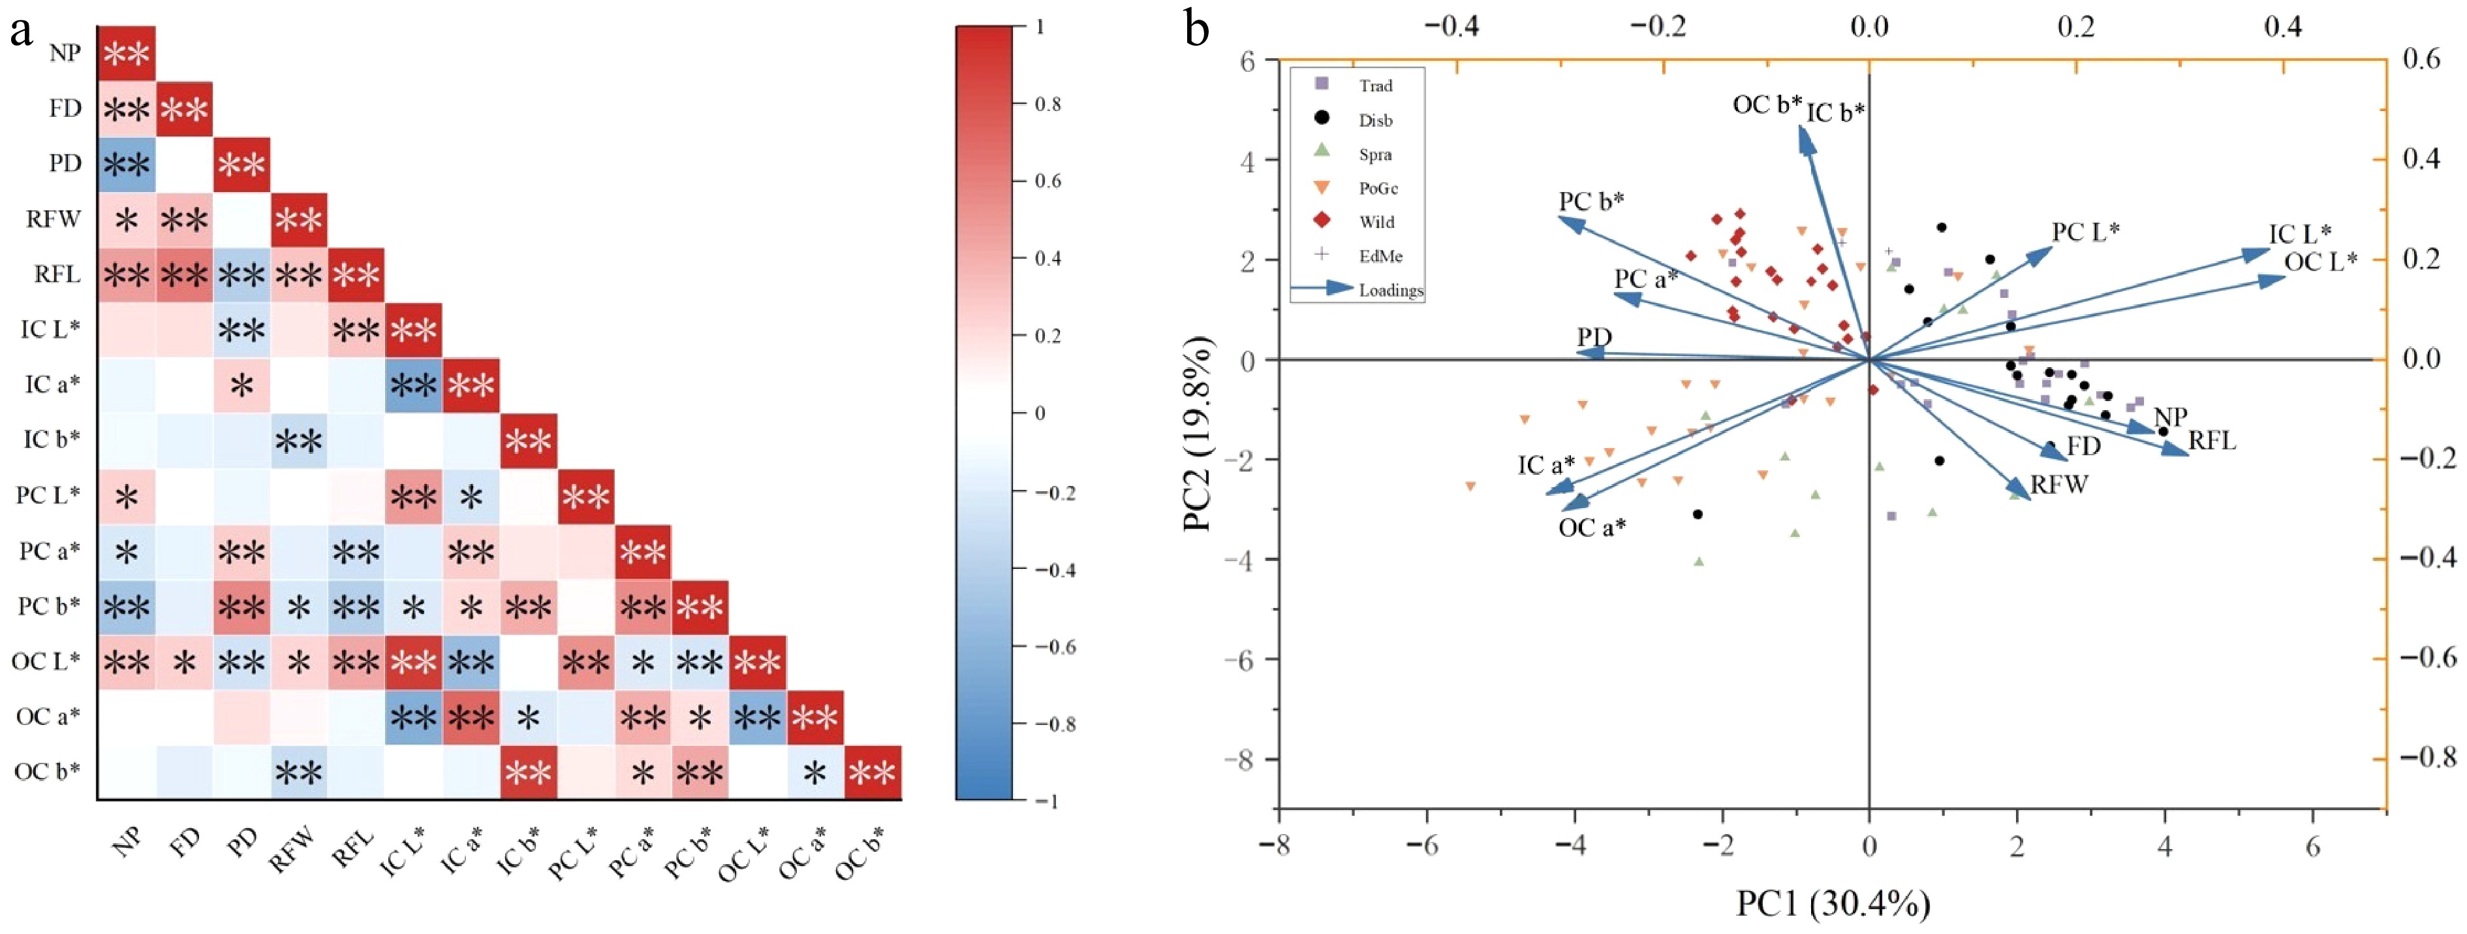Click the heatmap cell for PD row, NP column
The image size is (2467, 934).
click(127, 164)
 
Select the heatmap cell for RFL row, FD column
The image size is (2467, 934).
click(184, 275)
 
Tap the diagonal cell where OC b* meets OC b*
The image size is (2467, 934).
click(873, 772)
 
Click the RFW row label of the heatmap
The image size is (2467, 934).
click(54, 219)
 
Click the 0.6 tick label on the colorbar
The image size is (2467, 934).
click(1047, 181)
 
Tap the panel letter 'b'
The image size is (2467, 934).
click(1196, 29)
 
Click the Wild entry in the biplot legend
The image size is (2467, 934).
click(1376, 221)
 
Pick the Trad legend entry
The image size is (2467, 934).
click(1375, 86)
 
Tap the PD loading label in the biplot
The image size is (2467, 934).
click(1594, 337)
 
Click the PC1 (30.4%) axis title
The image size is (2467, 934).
click(1833, 903)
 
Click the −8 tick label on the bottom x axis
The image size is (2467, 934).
click(1278, 847)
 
